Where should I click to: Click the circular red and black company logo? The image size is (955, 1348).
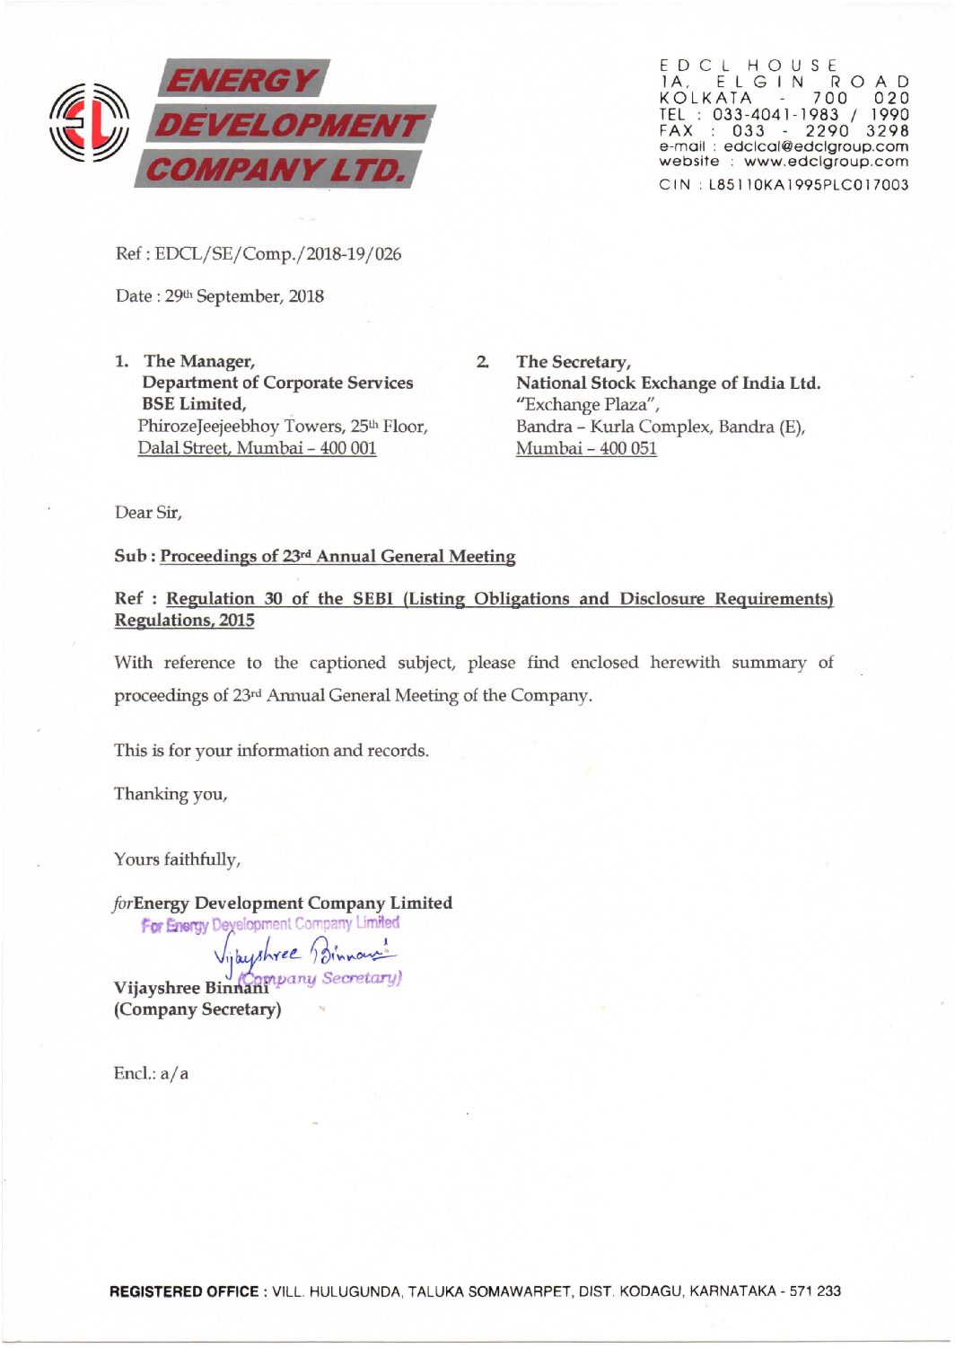(x=89, y=122)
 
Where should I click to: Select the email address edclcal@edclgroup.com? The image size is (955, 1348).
(x=816, y=146)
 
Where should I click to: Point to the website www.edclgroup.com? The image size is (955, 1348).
(x=826, y=162)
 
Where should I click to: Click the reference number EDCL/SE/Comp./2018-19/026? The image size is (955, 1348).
(x=278, y=254)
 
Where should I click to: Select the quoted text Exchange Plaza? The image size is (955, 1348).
(x=587, y=405)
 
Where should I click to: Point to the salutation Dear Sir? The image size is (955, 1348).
(x=148, y=513)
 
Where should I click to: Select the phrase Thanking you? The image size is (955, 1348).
(x=171, y=794)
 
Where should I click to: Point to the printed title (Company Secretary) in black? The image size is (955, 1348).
(x=197, y=1009)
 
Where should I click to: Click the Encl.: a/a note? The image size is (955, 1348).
(x=151, y=1074)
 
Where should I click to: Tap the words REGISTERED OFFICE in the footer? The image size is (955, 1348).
(x=183, y=1291)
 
